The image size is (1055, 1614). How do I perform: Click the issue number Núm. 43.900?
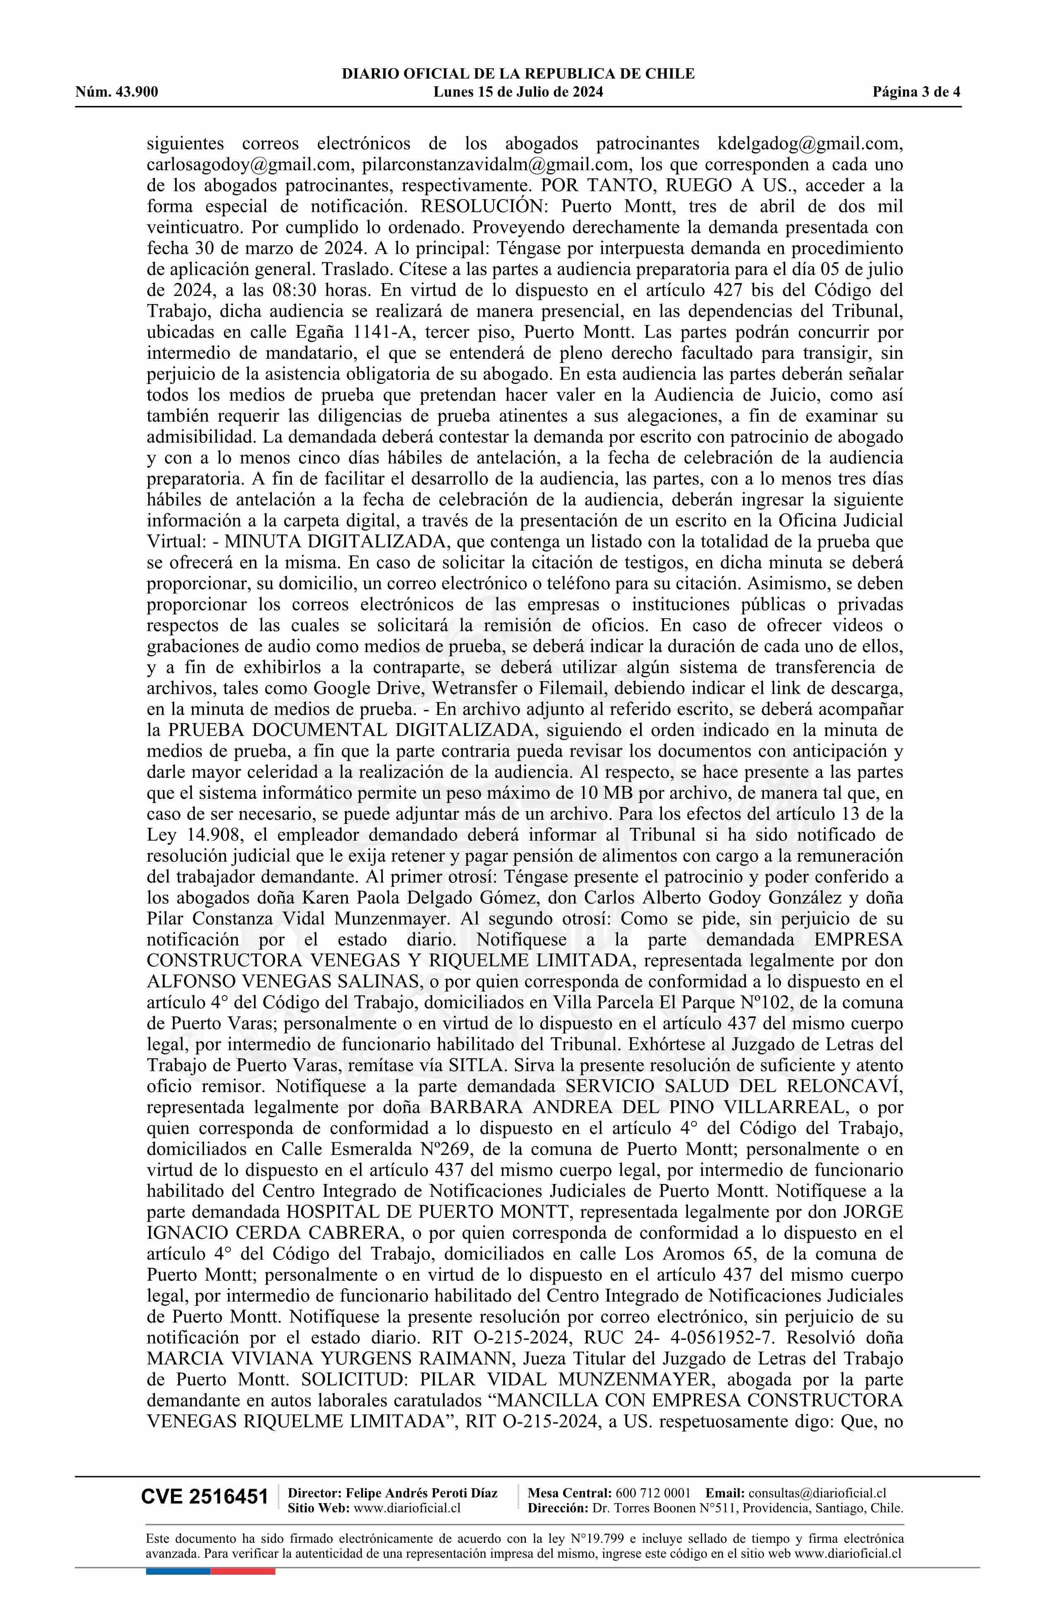point(117,92)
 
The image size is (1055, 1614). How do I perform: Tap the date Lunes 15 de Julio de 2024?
point(518,92)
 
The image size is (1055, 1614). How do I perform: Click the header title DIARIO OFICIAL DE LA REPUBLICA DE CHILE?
point(518,74)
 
